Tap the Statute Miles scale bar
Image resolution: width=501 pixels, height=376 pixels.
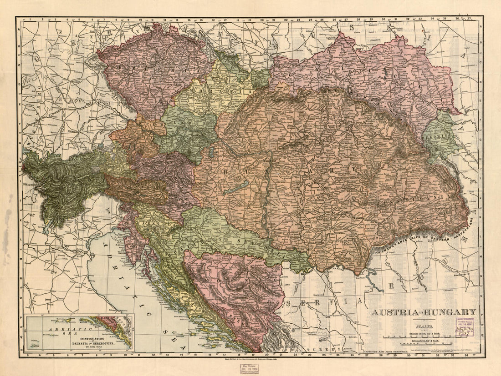[424, 337]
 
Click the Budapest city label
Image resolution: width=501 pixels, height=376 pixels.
[272, 160]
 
